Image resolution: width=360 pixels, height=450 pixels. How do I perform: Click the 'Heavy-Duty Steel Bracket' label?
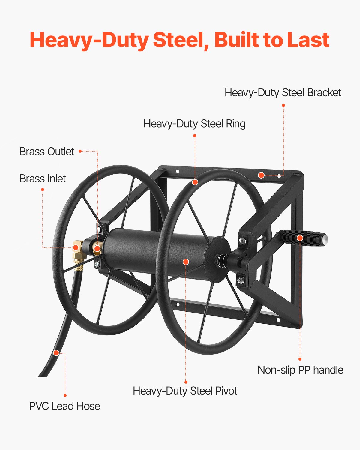click(283, 93)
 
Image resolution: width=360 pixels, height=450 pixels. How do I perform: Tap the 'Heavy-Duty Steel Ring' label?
click(194, 124)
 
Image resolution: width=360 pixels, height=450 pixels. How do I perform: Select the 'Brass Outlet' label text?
click(47, 151)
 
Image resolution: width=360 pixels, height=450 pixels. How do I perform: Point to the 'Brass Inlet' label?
click(43, 178)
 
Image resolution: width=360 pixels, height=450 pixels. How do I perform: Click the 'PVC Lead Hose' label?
click(64, 406)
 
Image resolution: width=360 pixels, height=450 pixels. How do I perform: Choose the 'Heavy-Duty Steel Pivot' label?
click(185, 391)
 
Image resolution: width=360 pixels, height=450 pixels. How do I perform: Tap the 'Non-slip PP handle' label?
click(300, 370)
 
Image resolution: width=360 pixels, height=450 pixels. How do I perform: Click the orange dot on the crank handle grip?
click(300, 238)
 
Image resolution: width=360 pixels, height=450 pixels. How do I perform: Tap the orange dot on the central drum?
click(186, 262)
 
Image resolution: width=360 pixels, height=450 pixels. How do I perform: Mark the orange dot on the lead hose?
click(56, 353)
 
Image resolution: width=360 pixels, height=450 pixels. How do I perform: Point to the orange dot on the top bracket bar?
click(261, 175)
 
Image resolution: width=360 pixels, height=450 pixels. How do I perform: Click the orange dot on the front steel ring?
click(195, 182)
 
